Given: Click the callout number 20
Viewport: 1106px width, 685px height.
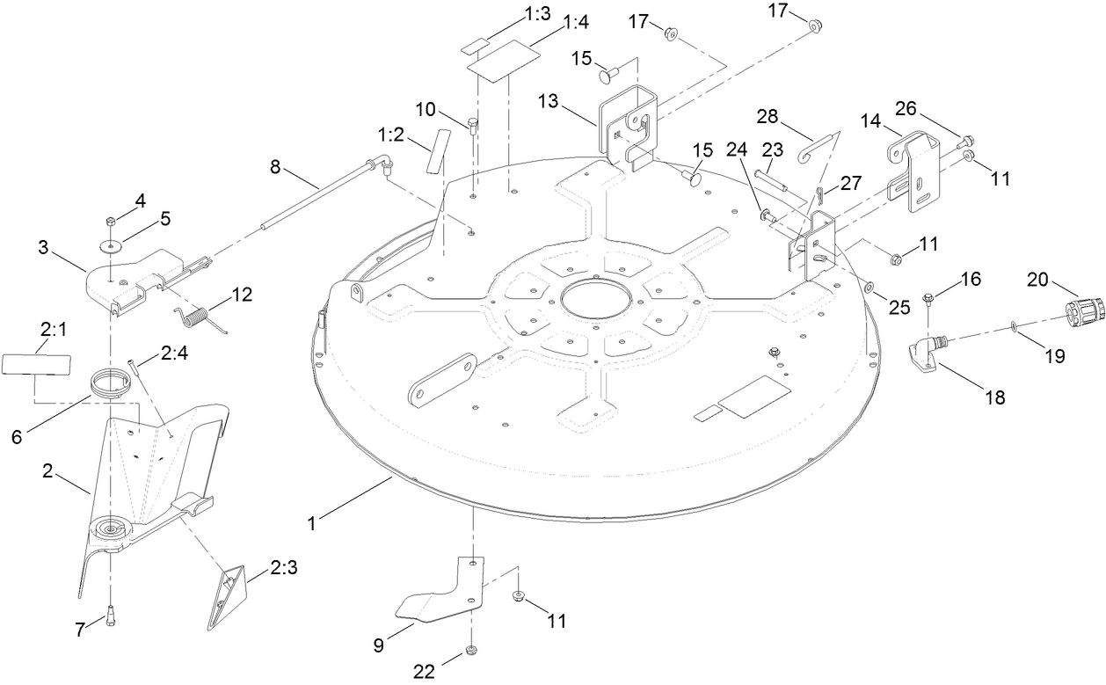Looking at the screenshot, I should tap(1037, 279).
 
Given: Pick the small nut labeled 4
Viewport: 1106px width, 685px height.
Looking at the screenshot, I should tap(111, 220).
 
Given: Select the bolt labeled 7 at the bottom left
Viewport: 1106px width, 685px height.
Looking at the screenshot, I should tap(111, 615).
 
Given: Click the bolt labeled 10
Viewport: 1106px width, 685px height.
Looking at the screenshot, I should tap(475, 129).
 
